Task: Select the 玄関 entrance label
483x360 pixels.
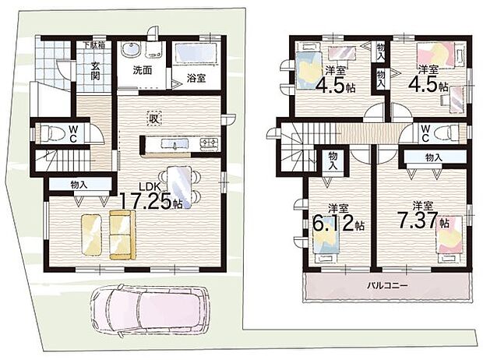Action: click(93, 70)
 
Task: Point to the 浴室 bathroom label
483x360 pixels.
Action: click(196, 78)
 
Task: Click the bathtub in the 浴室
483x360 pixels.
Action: click(196, 54)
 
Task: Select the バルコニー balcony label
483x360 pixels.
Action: click(388, 285)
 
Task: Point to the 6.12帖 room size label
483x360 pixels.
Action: click(337, 219)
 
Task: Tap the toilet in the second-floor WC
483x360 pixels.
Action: click(447, 131)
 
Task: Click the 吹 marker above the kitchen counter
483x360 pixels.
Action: click(153, 118)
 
